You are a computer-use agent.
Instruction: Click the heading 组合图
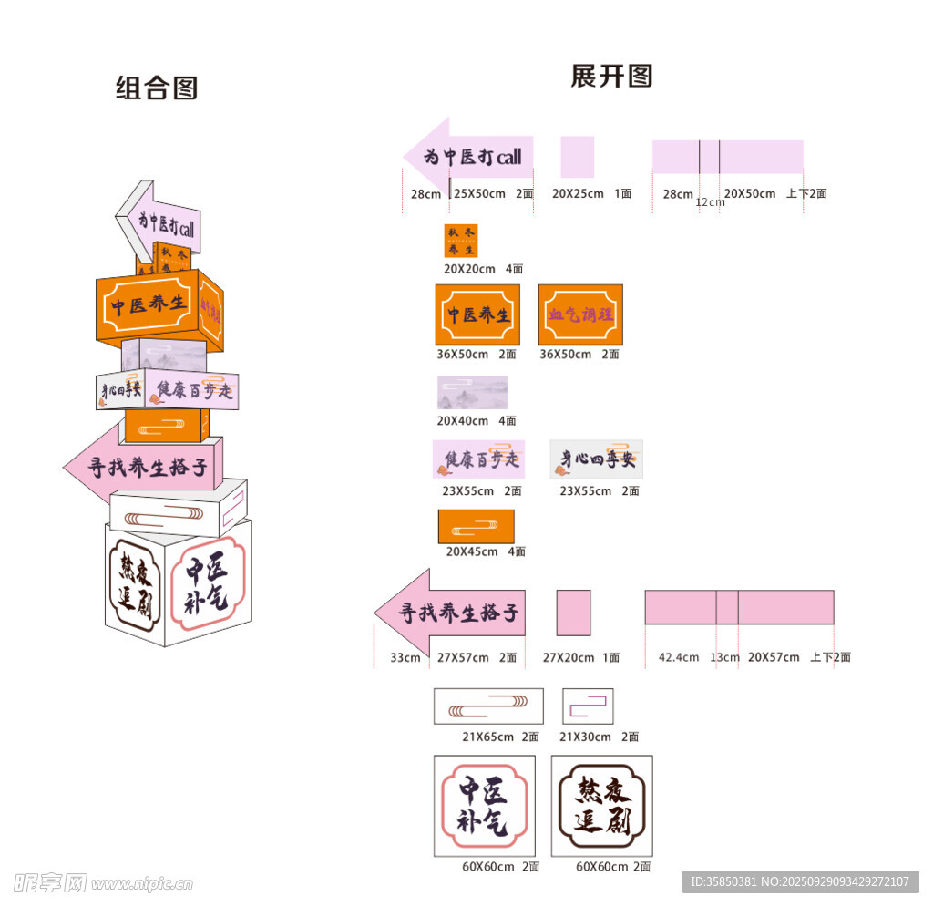click(x=157, y=88)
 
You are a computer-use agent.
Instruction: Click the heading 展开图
click(x=611, y=76)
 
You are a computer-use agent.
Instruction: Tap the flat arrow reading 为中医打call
click(x=469, y=157)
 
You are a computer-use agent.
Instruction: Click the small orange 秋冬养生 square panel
click(x=460, y=241)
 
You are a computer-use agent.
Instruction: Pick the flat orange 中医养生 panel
click(x=477, y=314)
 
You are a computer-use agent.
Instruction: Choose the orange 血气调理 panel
click(x=580, y=314)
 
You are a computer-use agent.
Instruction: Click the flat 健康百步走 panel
click(x=479, y=459)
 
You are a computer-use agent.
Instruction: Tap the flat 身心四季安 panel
click(x=596, y=459)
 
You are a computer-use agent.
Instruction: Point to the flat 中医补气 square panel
click(x=484, y=806)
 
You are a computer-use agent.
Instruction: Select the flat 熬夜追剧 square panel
click(x=601, y=806)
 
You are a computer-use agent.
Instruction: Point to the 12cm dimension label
click(x=710, y=202)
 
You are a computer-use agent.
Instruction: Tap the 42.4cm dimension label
click(x=679, y=657)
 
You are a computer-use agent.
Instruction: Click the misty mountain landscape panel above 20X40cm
click(x=472, y=392)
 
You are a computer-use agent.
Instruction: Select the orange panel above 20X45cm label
click(x=476, y=526)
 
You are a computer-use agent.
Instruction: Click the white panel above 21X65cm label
click(x=488, y=706)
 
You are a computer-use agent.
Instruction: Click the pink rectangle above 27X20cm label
click(x=573, y=613)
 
